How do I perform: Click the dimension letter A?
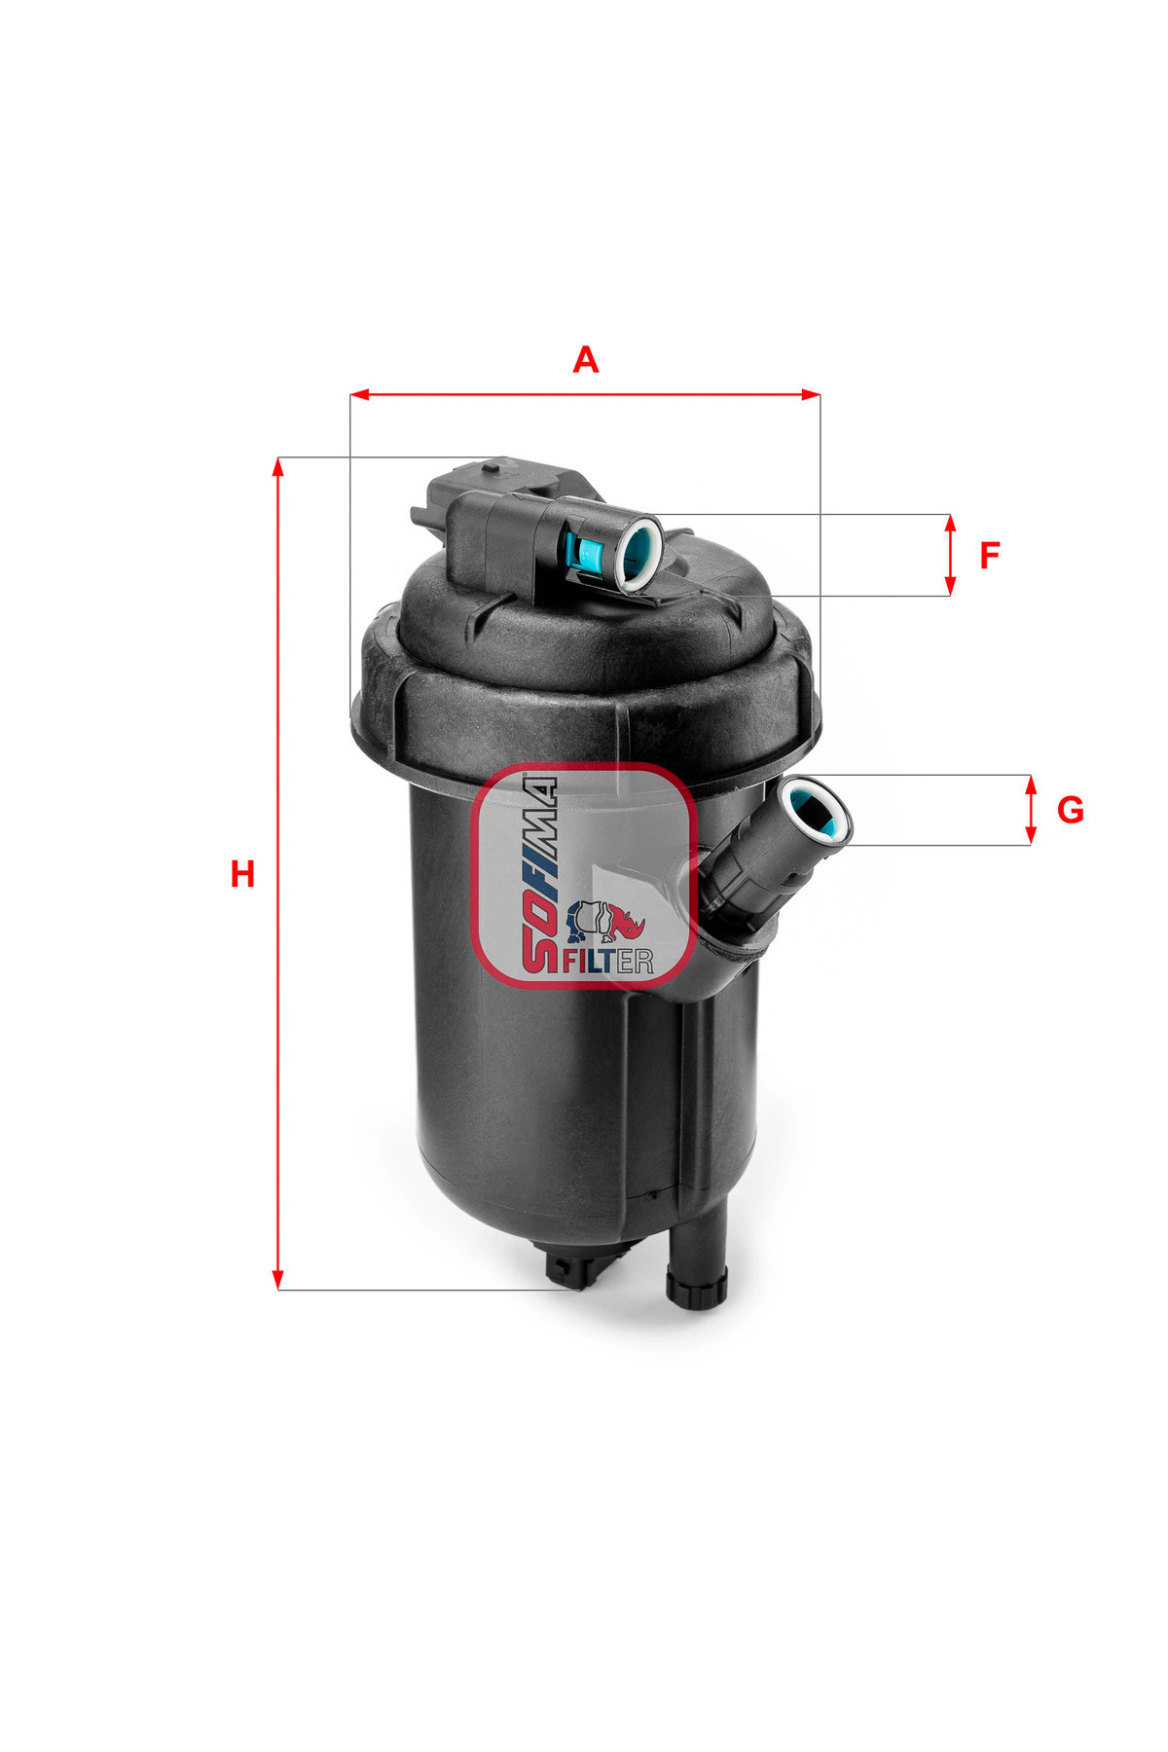(x=585, y=359)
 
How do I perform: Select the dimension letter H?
(x=242, y=874)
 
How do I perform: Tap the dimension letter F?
(x=989, y=556)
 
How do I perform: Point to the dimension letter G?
(x=1070, y=810)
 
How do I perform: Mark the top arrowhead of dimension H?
(x=278, y=467)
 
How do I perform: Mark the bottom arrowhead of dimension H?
(x=278, y=1279)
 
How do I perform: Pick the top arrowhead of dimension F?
(x=950, y=524)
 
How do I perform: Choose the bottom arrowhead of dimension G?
(x=1031, y=835)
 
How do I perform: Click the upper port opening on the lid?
(x=638, y=552)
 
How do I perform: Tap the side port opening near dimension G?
(x=818, y=811)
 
